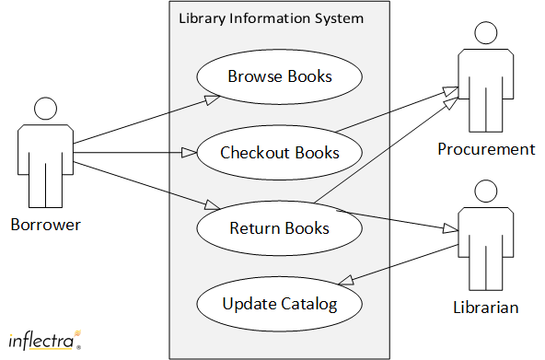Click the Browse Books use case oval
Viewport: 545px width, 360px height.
[x=280, y=76]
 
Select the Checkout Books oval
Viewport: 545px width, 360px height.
[x=280, y=152]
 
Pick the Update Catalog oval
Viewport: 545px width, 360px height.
[x=279, y=303]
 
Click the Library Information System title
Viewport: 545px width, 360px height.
[x=271, y=18]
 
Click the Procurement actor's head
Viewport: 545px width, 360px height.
[x=486, y=34]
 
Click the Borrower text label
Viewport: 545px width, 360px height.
[x=46, y=224]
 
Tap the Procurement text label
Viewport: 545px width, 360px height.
[x=486, y=149]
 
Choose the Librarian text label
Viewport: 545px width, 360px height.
[x=485, y=307]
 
